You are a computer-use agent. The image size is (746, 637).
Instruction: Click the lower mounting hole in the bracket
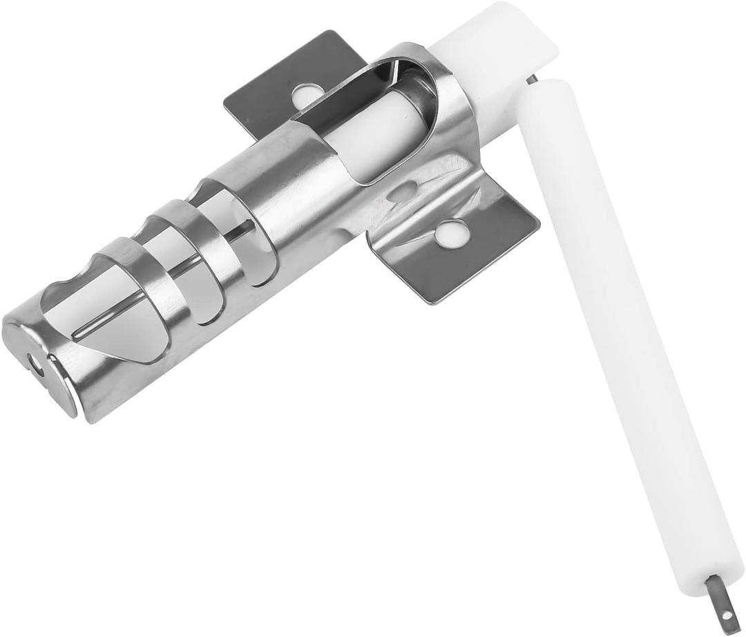tap(450, 233)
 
